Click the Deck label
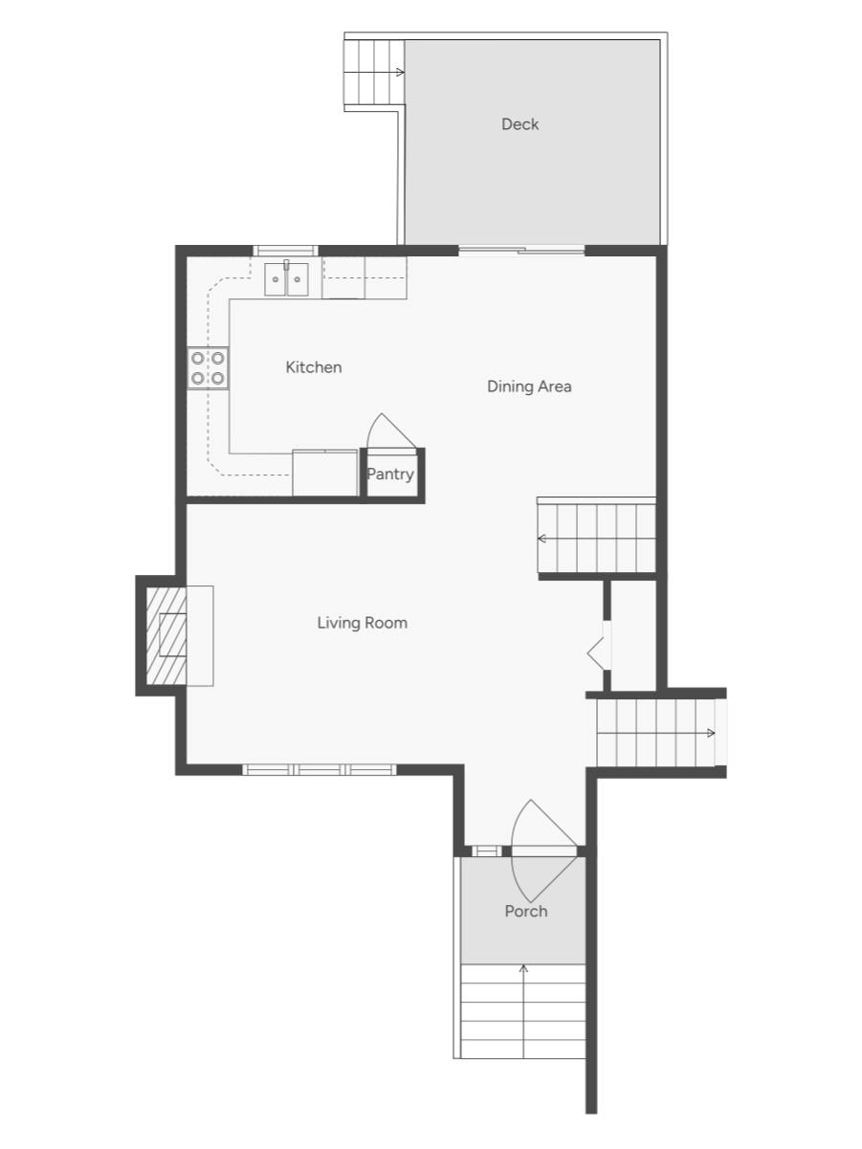pos(519,124)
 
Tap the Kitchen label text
pos(313,367)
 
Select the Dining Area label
pos(529,387)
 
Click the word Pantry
pos(390,474)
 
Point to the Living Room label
pos(362,623)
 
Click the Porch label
pos(525,912)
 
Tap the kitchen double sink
pos(286,278)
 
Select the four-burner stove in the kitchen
pos(209,367)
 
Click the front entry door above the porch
pos(543,851)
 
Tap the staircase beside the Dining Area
pos(597,538)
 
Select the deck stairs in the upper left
pos(374,73)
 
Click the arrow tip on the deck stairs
pos(401,72)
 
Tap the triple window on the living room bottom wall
pos(319,769)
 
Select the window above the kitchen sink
pos(285,251)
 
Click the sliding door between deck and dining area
pos(521,251)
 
